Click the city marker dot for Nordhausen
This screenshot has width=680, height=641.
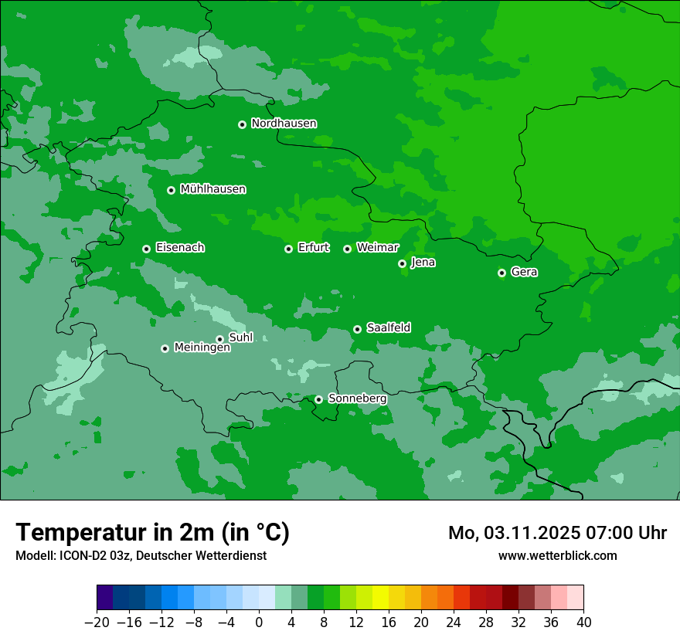(242, 124)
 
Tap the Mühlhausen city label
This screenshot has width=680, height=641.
(212, 189)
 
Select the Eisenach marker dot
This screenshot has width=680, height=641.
(146, 249)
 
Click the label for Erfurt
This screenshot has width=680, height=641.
(313, 248)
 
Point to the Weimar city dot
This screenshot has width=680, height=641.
(347, 249)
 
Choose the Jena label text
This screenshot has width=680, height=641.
(423, 263)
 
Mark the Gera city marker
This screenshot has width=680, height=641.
(501, 273)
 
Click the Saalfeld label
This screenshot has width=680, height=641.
(388, 328)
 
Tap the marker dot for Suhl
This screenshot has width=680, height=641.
(219, 339)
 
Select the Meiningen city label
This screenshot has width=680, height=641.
(202, 348)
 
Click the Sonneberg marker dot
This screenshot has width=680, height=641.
(318, 399)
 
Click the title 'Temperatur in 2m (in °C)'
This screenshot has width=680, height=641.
(152, 533)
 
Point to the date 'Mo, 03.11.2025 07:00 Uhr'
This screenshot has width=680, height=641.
(557, 533)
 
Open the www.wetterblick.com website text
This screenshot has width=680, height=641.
(557, 555)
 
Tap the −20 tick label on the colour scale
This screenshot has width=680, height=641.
(97, 622)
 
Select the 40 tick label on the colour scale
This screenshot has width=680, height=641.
(583, 622)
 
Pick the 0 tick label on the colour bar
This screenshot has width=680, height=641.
(259, 622)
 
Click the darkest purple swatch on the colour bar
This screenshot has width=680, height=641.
(105, 597)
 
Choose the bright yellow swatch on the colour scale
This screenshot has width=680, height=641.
(380, 597)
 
